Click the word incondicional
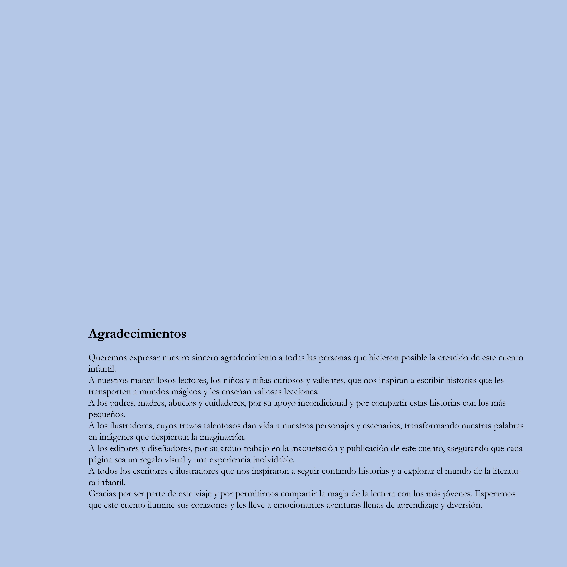322,403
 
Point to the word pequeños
107,415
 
